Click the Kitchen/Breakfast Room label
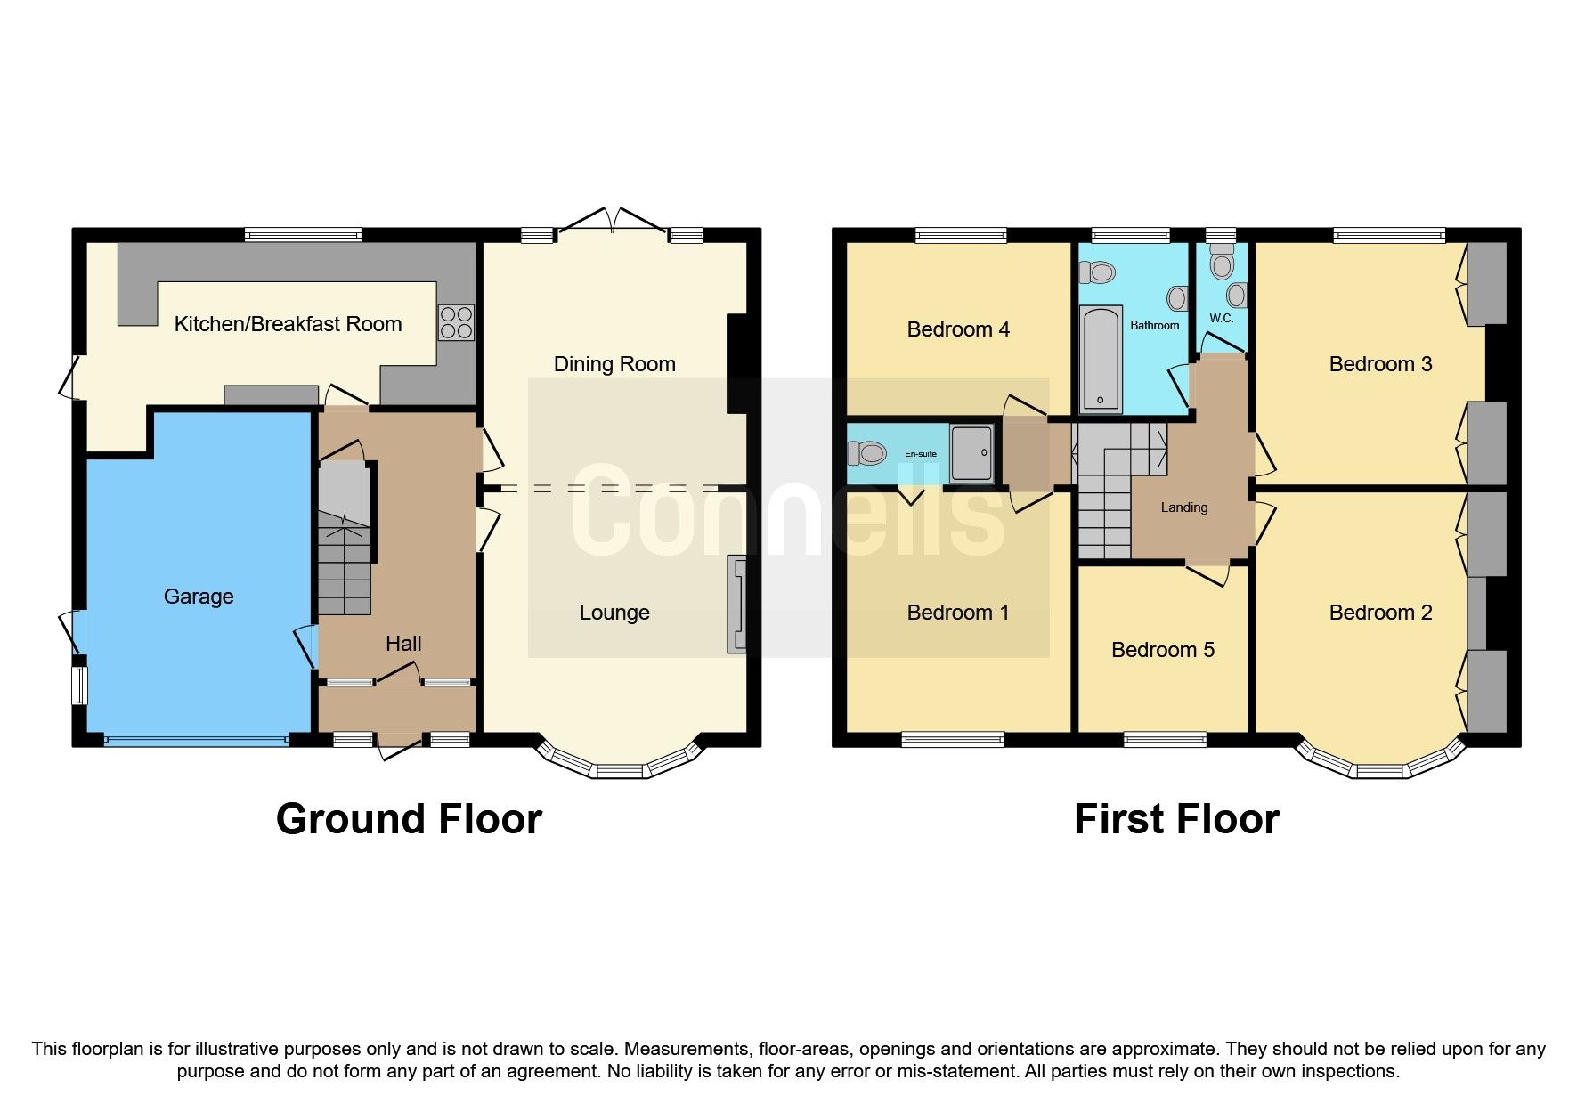coord(288,324)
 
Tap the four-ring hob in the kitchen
coord(456,322)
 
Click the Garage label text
coord(199,597)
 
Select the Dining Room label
coord(614,364)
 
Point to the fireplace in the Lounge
coord(736,605)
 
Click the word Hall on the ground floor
coord(403,644)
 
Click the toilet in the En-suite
coord(866,454)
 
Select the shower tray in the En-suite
coord(971,454)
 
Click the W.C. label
coord(1221,318)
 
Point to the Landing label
coord(1184,507)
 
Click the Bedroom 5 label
coord(1162,650)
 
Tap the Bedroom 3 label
coord(1380,364)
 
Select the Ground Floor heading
coord(409,819)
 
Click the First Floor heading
coord(1176,819)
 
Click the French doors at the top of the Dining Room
coord(612,223)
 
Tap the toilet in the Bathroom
coord(1101,272)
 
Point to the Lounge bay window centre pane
coord(620,770)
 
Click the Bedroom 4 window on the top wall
coord(961,235)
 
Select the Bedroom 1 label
coord(957,613)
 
